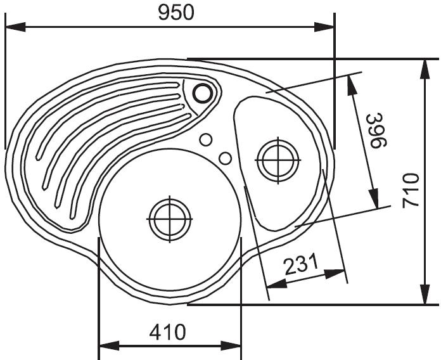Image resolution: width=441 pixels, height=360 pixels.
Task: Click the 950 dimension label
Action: (x=176, y=13)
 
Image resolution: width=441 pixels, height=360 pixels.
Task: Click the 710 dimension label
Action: (x=411, y=191)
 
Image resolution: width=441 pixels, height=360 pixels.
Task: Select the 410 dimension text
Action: (x=168, y=332)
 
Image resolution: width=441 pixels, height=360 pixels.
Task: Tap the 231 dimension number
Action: (x=301, y=264)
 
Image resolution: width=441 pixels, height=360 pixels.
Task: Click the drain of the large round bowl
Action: (x=170, y=219)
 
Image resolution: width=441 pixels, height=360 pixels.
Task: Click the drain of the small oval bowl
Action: (x=278, y=160)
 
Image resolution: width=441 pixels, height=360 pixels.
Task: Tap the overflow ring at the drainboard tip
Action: (x=202, y=93)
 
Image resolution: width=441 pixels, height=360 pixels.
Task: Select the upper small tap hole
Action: (x=205, y=139)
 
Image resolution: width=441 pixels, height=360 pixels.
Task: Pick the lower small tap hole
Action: (x=225, y=158)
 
